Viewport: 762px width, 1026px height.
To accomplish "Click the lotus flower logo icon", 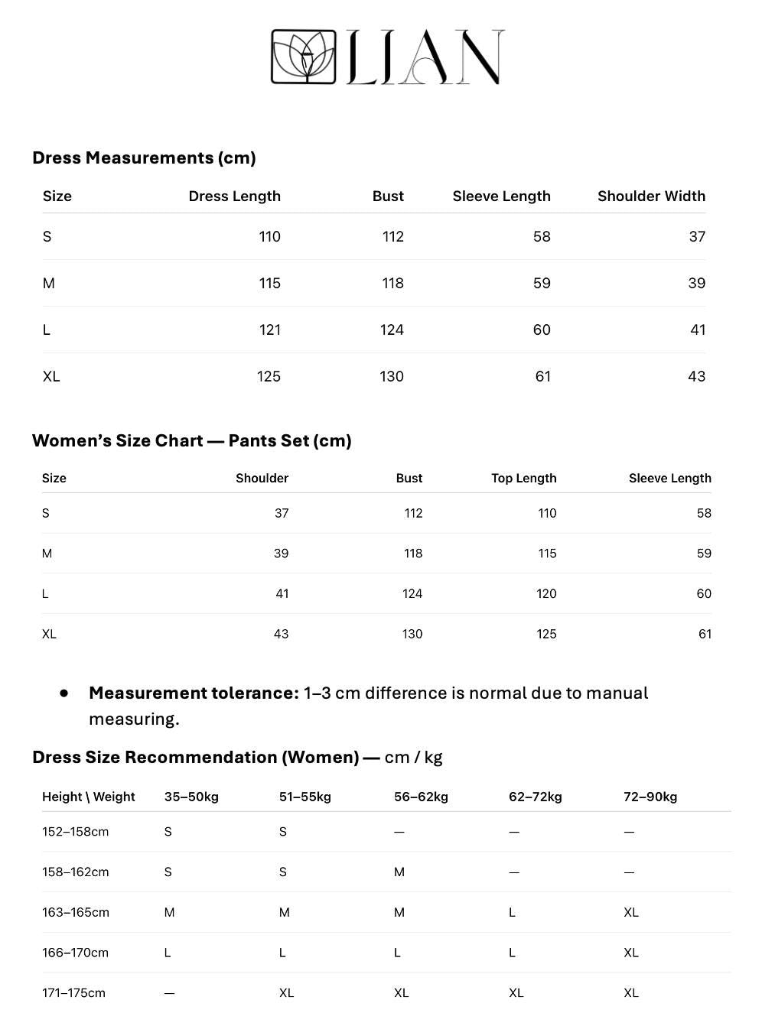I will tap(304, 57).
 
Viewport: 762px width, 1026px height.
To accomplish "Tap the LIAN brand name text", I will tap(425, 57).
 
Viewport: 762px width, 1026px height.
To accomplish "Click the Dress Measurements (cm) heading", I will tap(144, 157).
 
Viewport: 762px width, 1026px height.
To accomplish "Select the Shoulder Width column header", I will tap(651, 196).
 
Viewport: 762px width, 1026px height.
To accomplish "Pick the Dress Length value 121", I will tap(269, 330).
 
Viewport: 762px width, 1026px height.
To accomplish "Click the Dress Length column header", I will tap(234, 196).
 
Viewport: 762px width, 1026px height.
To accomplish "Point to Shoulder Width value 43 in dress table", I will tap(696, 376).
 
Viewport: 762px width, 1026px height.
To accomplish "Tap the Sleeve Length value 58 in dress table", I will tap(542, 236).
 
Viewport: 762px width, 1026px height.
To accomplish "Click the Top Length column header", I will tap(523, 478).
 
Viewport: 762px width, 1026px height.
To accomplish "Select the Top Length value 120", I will tap(546, 593).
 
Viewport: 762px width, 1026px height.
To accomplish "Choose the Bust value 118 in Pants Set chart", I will tap(413, 554).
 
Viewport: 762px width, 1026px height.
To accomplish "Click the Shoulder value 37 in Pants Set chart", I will tap(282, 513).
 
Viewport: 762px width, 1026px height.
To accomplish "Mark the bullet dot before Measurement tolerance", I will tap(64, 693).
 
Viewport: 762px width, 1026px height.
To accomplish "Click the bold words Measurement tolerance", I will tap(194, 693).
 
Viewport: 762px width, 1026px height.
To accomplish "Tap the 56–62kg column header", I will tap(421, 797).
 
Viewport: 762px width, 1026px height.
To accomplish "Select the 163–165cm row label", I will tap(76, 912).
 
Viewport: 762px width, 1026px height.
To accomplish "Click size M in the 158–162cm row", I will tap(399, 872).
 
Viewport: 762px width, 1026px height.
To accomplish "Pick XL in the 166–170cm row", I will tap(631, 953).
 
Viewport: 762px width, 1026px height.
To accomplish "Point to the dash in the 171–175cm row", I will tap(169, 993).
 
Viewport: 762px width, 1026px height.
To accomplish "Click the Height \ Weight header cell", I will tap(88, 797).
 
